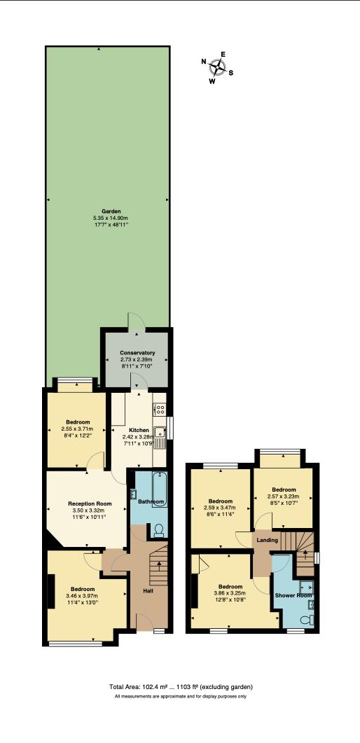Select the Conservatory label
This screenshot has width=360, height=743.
[137, 352]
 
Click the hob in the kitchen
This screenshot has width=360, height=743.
[160, 410]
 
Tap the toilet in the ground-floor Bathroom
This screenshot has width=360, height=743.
[158, 529]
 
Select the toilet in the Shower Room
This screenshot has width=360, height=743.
[305, 619]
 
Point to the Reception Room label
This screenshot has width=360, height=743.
[90, 504]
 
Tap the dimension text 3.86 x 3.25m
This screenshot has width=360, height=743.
[230, 594]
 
